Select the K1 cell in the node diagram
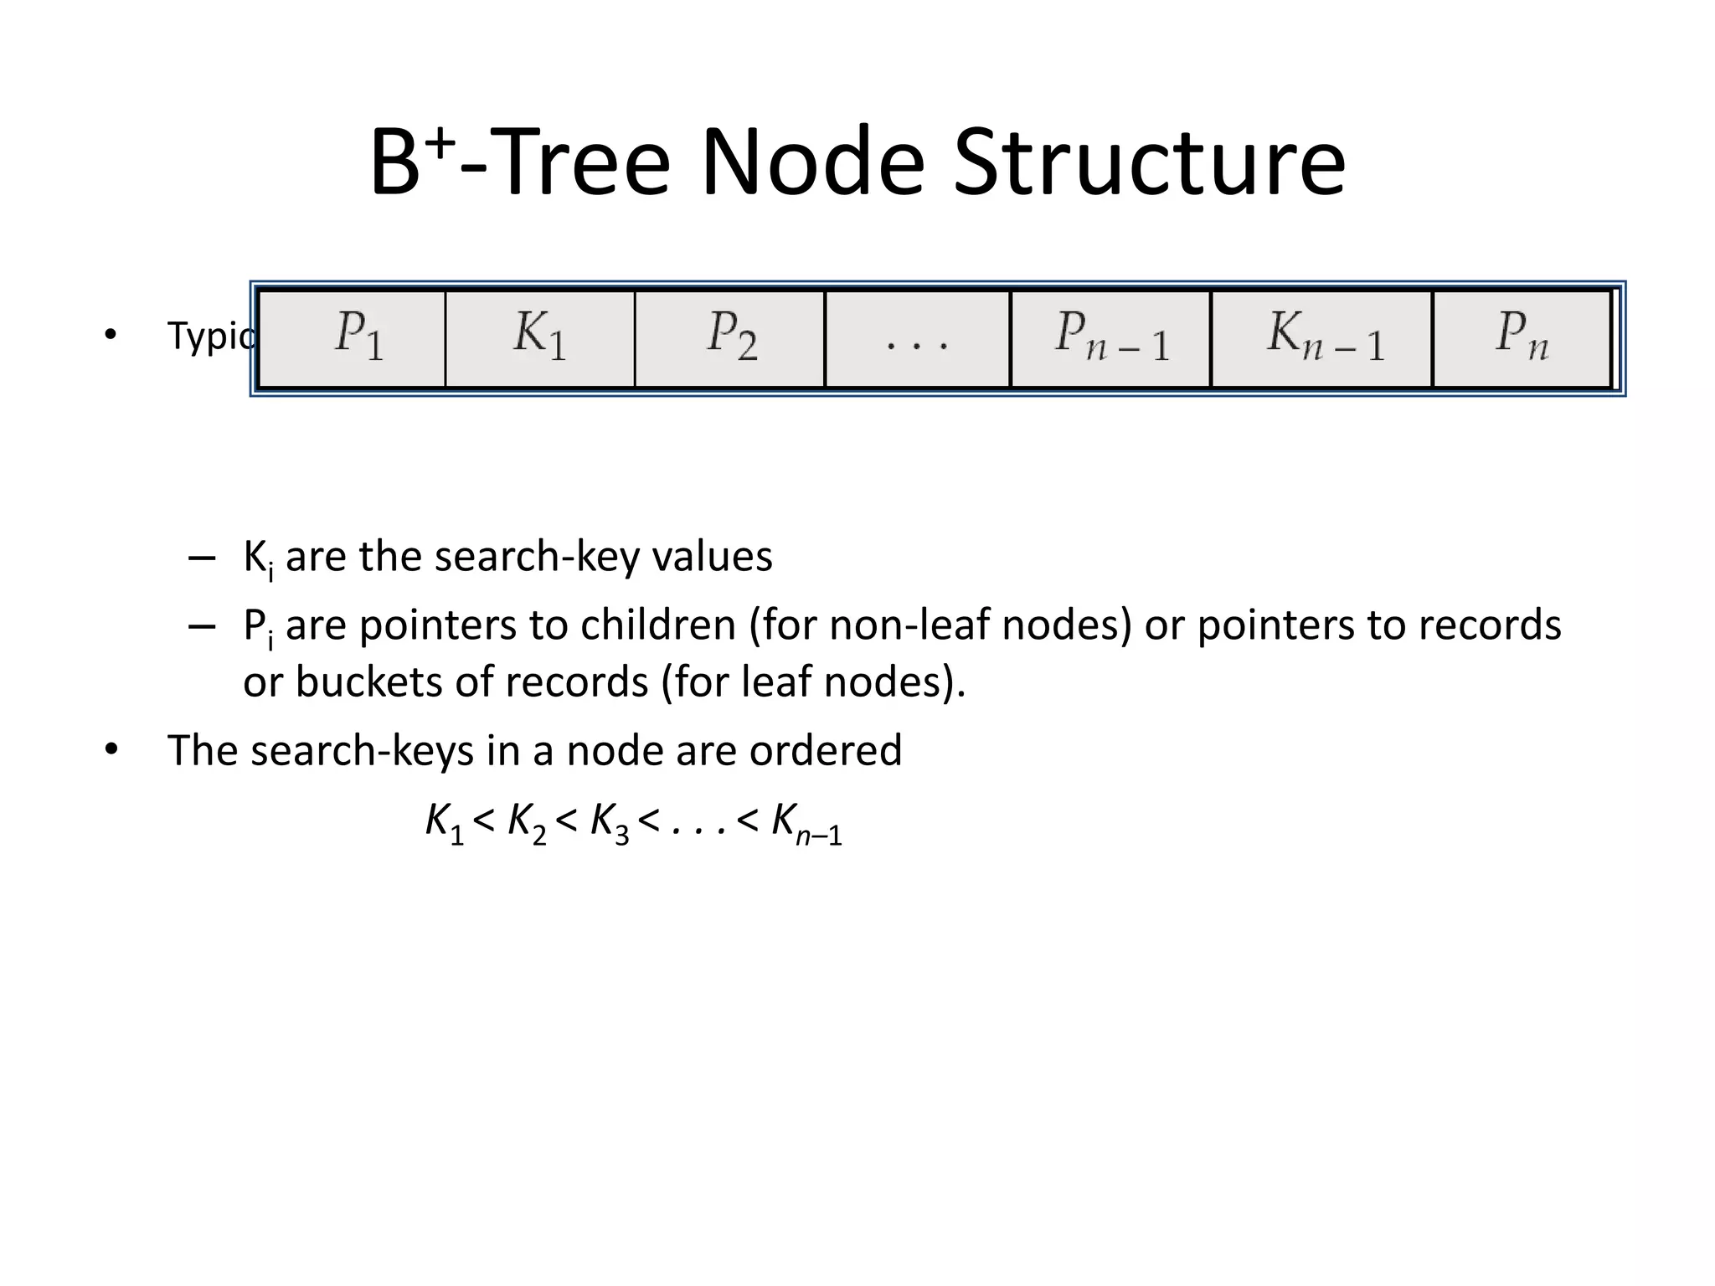(540, 339)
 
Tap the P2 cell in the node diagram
(730, 339)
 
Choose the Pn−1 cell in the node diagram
(1111, 339)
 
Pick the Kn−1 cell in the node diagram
(1323, 339)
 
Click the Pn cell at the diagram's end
(1522, 339)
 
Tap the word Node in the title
(811, 163)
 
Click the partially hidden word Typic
(209, 337)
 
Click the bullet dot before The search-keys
(111, 749)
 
